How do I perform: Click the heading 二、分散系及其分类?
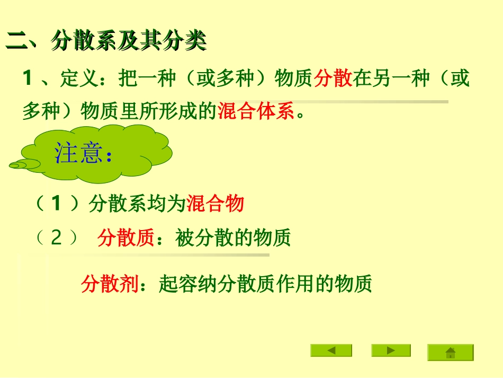point(106,41)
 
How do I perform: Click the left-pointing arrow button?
point(331,350)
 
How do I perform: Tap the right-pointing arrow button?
point(391,350)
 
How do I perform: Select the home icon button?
point(451,353)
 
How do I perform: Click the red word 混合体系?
point(256,112)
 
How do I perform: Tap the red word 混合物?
point(215,204)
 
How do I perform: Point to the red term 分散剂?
point(110,284)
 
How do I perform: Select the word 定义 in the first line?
point(76,79)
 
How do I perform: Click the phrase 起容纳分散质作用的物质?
point(265,284)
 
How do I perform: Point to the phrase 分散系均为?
point(138,204)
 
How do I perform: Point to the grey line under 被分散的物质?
point(159,255)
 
